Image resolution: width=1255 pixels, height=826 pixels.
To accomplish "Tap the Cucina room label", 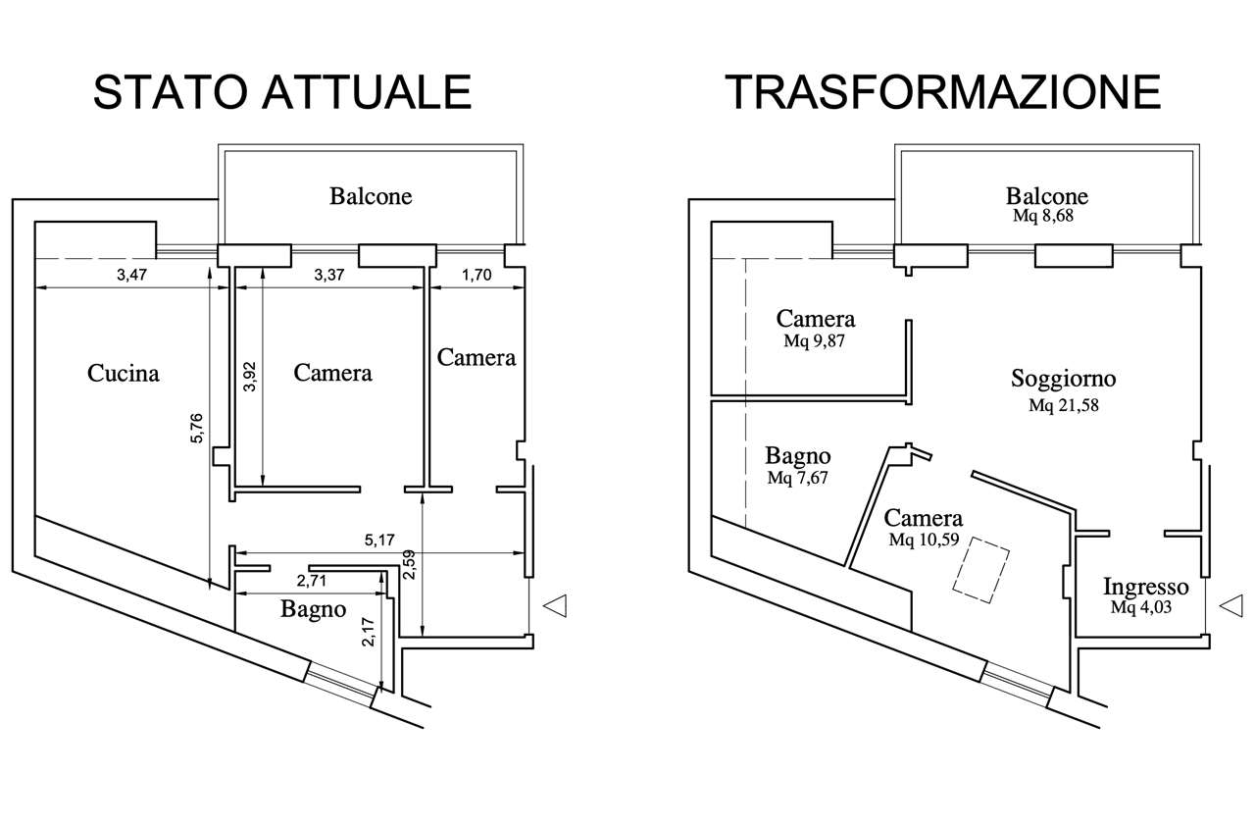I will pos(124,373).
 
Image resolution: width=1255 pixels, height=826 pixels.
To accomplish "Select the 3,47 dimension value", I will pos(132,277).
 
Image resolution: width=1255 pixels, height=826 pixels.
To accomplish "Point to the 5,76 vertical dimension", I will pos(197,428).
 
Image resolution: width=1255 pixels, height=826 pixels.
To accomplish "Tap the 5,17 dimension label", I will pos(379,540).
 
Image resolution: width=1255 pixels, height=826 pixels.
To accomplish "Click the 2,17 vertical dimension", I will pos(368,630).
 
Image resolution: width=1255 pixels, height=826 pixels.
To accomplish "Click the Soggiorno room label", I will pos(1063,379).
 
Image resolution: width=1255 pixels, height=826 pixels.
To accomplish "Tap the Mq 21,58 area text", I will pos(1063,405).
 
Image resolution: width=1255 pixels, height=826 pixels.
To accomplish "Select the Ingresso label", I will pos(1146,588).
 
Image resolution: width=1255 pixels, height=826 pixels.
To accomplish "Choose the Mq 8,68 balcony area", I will pos(1046,217).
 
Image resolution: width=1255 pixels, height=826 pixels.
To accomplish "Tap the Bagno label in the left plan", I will pos(314,609).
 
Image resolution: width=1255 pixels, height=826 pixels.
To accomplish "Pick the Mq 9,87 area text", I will pos(815,341).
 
